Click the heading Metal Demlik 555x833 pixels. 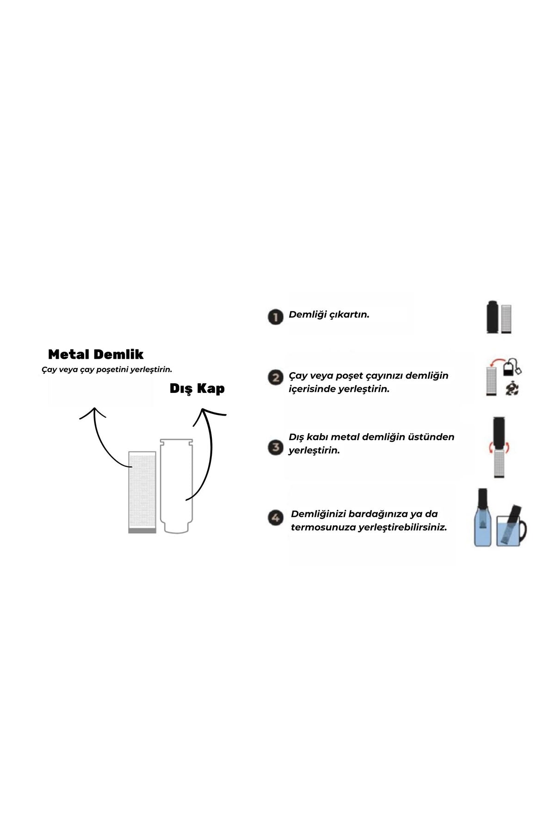[x=96, y=354]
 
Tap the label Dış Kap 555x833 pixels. [x=197, y=388]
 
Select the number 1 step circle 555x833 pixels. [x=275, y=317]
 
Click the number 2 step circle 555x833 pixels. [x=275, y=378]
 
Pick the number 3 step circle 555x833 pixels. [x=275, y=448]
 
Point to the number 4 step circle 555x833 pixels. [x=276, y=518]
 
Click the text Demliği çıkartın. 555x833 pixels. [x=329, y=315]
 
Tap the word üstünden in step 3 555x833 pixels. [x=432, y=437]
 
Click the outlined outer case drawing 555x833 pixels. [x=176, y=486]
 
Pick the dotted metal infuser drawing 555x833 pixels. [x=142, y=492]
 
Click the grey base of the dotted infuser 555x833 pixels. [x=142, y=531]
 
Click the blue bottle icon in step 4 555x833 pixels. [x=482, y=518]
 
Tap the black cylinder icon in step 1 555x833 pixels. [x=492, y=317]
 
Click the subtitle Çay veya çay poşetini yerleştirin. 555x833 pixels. [x=107, y=370]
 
